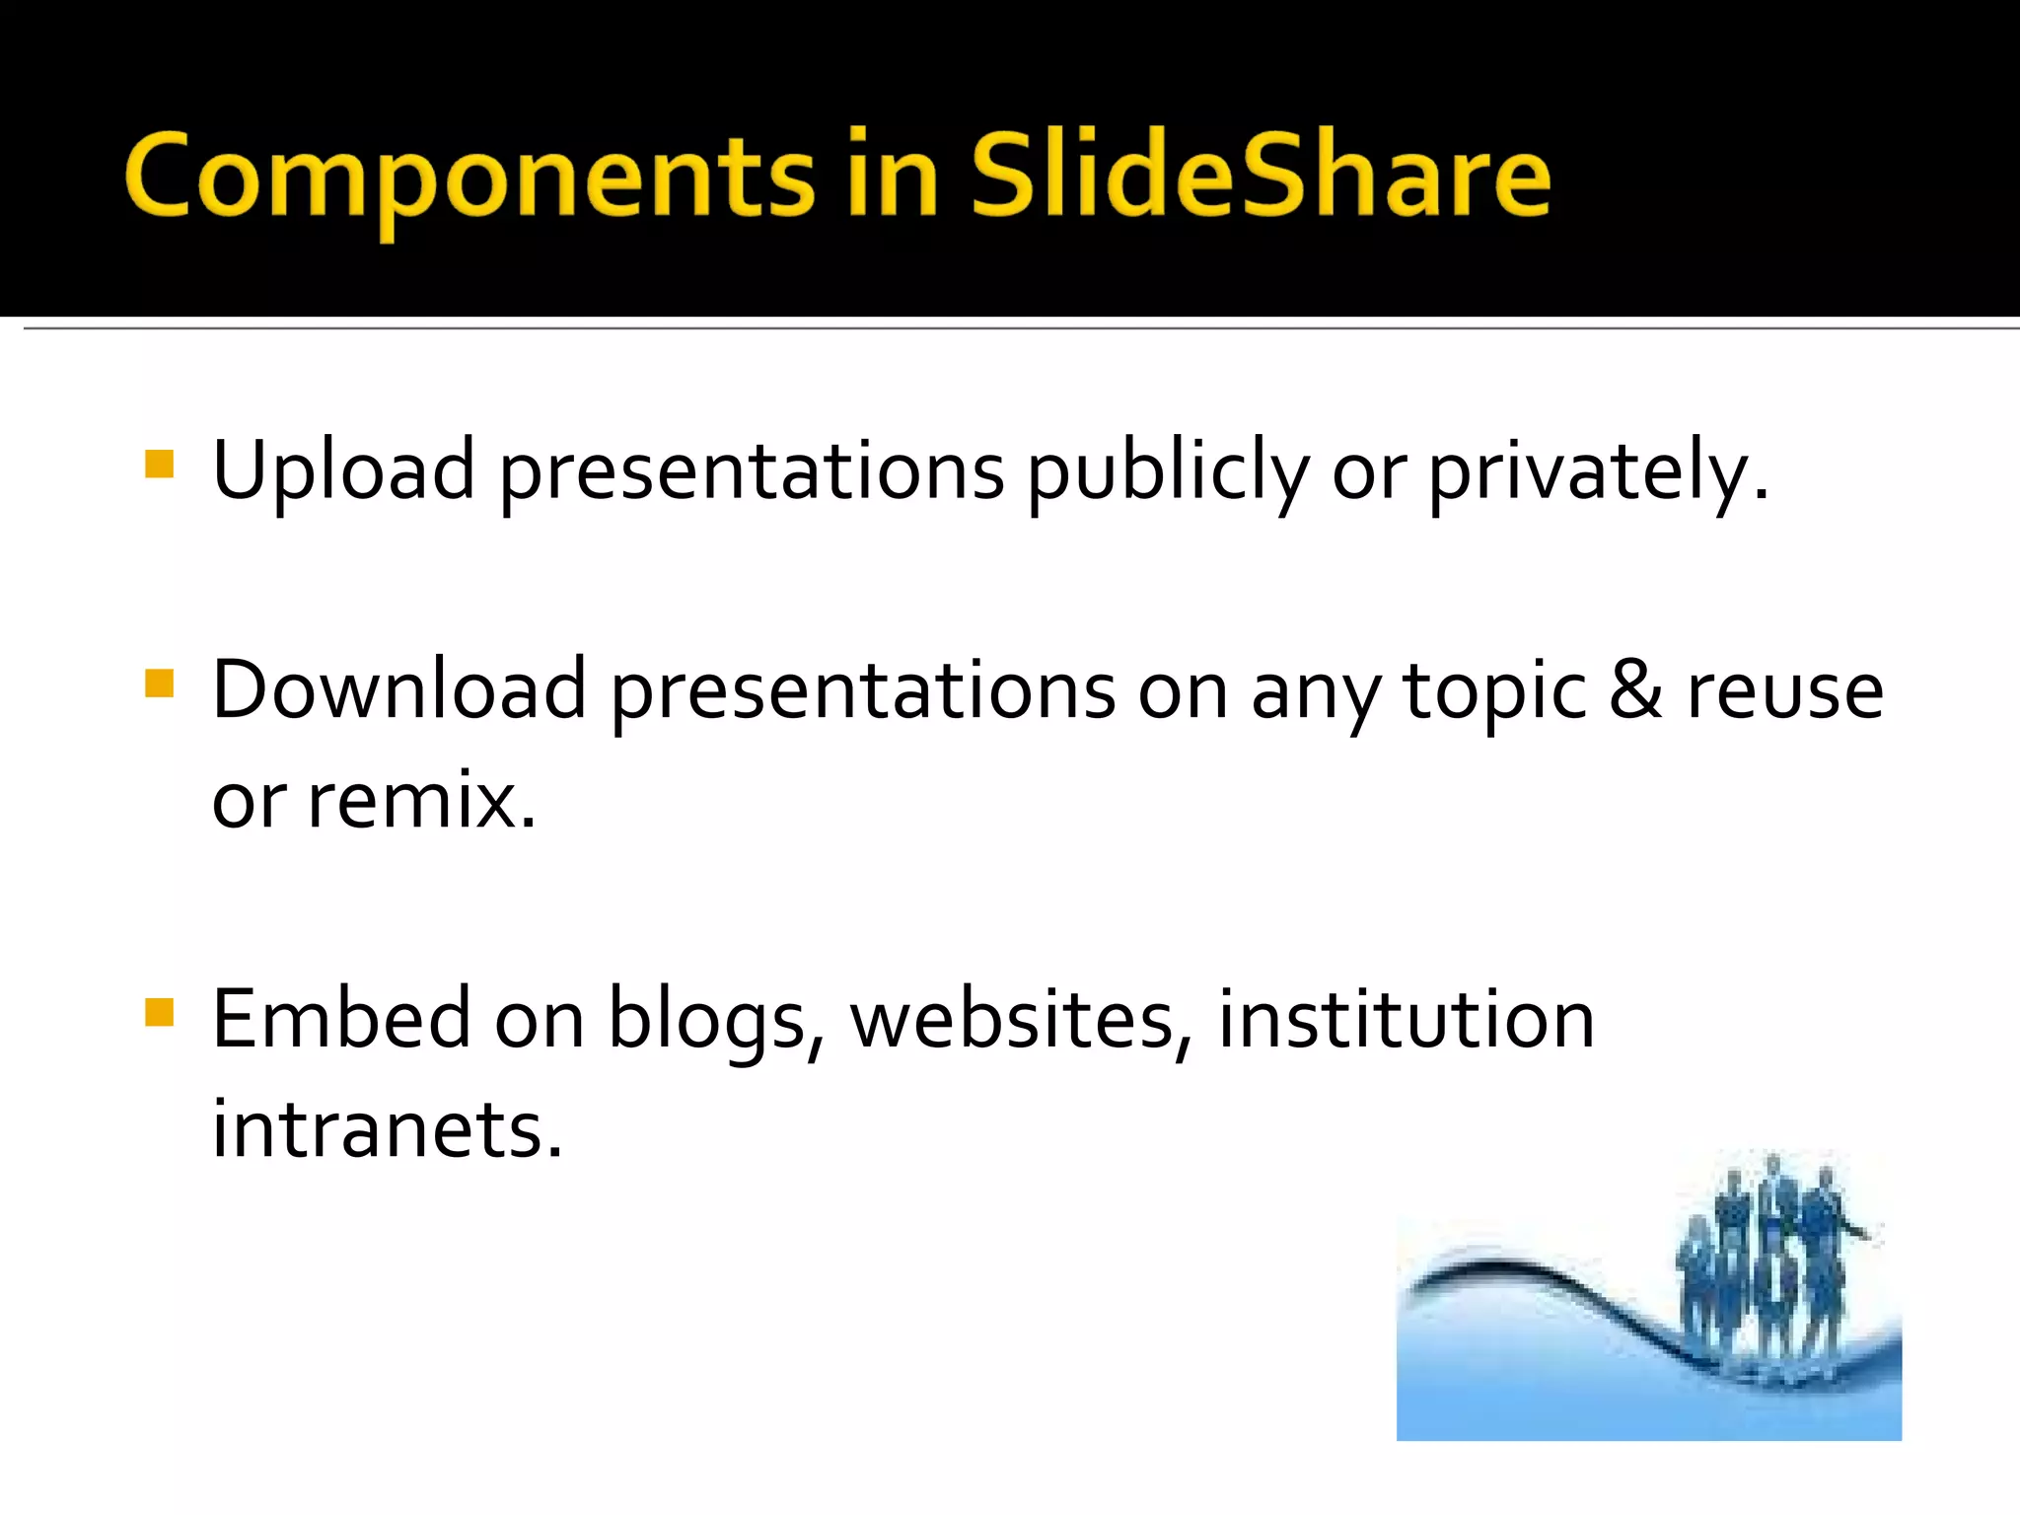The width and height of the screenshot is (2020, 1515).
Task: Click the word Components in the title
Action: [469, 178]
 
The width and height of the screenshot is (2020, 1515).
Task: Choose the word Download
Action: [399, 689]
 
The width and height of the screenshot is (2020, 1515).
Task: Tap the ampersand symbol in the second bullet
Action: [1635, 689]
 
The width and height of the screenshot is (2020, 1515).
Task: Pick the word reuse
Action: [1785, 691]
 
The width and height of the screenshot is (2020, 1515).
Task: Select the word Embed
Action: [341, 1019]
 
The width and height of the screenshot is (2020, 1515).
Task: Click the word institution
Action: [1407, 1019]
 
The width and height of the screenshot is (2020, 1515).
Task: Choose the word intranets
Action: [387, 1128]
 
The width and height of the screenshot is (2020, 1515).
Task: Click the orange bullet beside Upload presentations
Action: [159, 464]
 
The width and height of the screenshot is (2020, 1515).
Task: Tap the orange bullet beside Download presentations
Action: [159, 684]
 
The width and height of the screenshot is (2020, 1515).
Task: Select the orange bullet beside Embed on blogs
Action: [159, 1013]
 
